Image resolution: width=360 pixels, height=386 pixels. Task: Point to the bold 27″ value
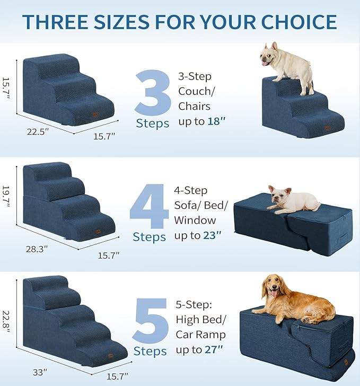click(215, 349)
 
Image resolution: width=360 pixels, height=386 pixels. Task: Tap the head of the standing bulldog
click(271, 55)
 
